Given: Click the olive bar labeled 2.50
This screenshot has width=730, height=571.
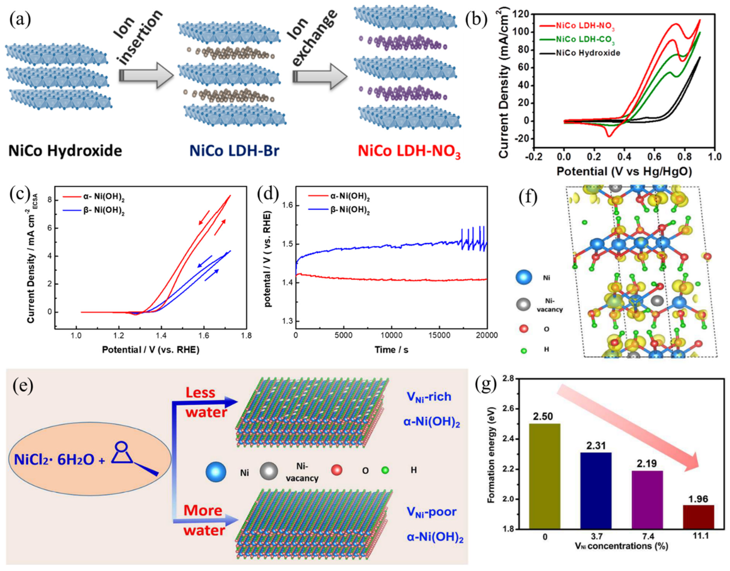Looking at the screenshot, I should [545, 476].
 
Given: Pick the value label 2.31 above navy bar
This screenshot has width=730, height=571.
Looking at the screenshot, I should [596, 445].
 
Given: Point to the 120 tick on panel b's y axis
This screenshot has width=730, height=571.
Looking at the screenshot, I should [522, 14].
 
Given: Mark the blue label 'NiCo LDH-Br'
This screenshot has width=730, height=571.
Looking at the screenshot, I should [234, 151].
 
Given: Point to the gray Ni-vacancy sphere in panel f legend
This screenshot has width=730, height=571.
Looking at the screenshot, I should [523, 304].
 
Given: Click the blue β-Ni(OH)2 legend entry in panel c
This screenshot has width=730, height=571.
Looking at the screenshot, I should [104, 211].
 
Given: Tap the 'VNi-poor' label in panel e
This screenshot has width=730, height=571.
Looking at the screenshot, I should [431, 512].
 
